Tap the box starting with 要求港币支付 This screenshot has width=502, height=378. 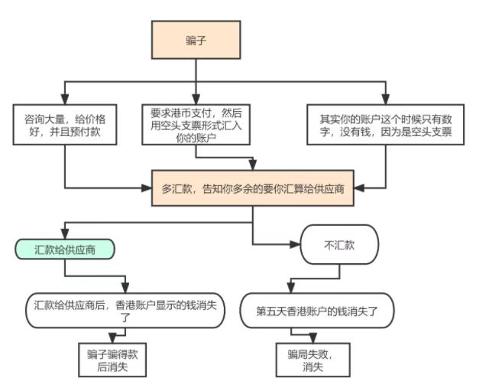[x=196, y=124]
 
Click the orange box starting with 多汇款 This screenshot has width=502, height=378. [x=253, y=187]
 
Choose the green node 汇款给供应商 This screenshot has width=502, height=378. [x=65, y=249]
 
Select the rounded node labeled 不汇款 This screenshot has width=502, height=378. [x=339, y=244]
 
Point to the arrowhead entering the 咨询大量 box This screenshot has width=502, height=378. [x=66, y=99]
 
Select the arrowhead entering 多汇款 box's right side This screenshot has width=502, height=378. [x=360, y=187]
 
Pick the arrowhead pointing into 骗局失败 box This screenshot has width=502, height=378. [x=313, y=337]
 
